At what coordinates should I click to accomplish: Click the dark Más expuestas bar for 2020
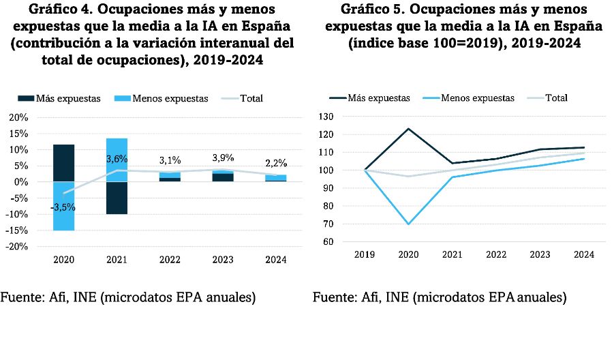[63, 163]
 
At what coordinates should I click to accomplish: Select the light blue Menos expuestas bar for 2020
[63, 206]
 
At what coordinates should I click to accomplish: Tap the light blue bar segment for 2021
[116, 160]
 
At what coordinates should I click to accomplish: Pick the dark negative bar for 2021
[116, 198]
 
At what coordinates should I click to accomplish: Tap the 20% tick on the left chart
[17, 117]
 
